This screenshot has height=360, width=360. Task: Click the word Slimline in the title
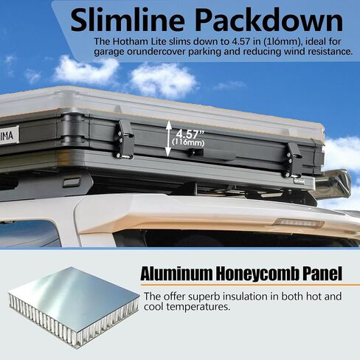pos(128,21)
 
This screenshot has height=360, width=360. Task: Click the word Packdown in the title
pos(269,21)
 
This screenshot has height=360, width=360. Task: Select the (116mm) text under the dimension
pos(188,143)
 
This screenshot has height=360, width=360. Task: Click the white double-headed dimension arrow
pos(168,138)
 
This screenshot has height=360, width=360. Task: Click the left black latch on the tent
pos(125,139)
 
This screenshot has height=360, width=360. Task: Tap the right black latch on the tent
pos(294,160)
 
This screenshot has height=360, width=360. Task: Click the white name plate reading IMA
pos(9,135)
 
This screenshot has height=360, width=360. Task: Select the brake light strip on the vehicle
pos(298,223)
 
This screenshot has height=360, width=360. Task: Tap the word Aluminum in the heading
pos(176,274)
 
